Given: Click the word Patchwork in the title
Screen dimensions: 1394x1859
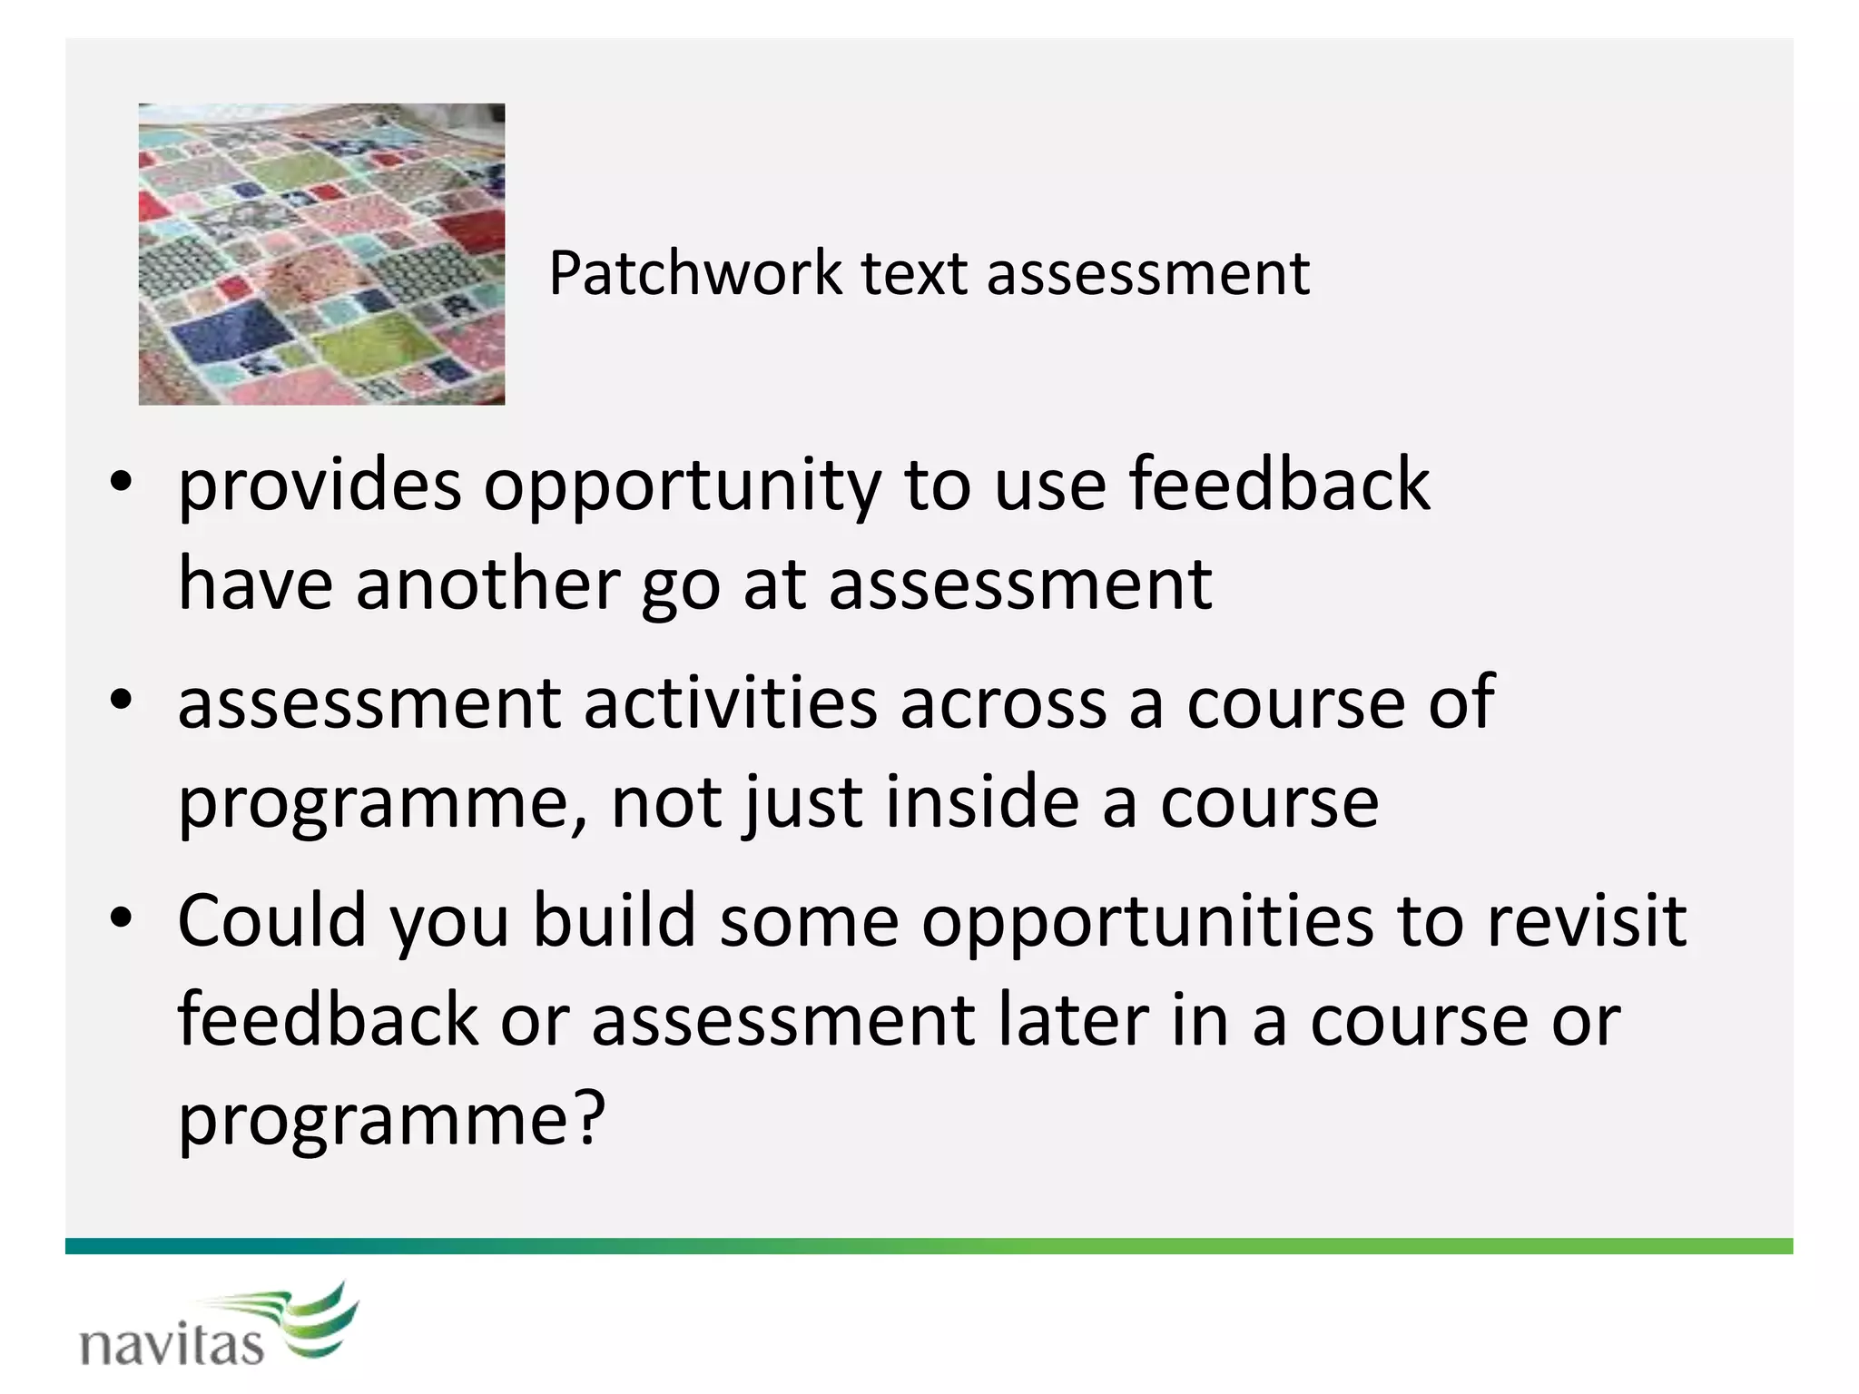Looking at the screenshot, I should [695, 273].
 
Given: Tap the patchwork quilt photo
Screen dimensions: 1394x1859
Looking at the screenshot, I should [321, 254].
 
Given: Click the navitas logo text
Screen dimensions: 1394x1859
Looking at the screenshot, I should [172, 1345].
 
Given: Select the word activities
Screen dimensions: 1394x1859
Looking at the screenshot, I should [731, 702].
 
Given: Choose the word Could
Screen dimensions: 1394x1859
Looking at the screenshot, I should [271, 920].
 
